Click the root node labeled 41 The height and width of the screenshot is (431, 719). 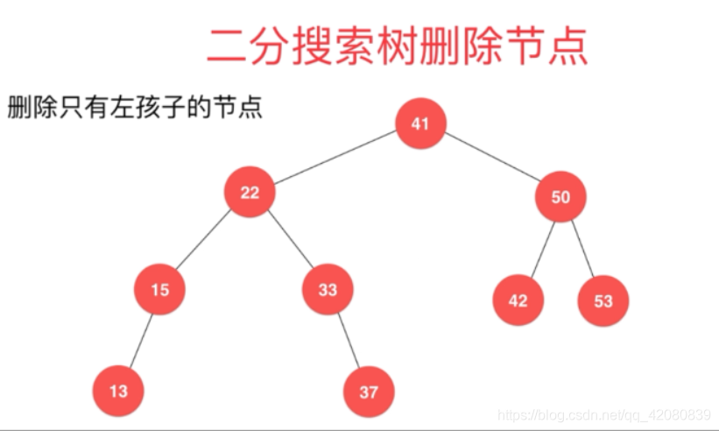[420, 124]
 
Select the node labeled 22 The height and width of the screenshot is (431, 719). [250, 193]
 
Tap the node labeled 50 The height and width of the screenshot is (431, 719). [560, 197]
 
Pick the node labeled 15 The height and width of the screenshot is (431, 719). [159, 289]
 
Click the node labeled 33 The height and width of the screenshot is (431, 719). [328, 289]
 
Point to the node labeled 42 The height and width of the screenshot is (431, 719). [518, 300]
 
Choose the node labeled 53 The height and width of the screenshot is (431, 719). [603, 301]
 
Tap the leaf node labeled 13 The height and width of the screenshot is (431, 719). [118, 391]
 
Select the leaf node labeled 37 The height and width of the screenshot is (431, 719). [369, 392]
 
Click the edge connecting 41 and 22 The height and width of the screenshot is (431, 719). [335, 158]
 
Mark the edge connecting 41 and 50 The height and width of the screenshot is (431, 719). [490, 160]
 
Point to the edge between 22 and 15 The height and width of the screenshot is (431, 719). [205, 241]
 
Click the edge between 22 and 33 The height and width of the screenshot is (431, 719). [288, 241]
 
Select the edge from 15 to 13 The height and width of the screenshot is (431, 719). [139, 340]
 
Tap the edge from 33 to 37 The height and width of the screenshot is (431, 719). [349, 340]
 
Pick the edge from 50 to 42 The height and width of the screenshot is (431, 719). [539, 249]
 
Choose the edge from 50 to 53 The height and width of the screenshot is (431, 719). [582, 249]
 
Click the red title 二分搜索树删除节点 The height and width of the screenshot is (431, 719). [397, 46]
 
